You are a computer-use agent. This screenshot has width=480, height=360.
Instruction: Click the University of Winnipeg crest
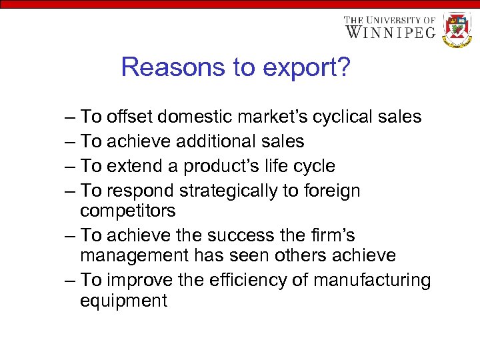click(457, 29)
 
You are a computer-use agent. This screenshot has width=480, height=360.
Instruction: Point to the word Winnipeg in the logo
click(390, 31)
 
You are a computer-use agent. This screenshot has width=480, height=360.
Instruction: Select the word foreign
click(331, 191)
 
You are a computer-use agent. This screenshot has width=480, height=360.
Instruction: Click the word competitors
click(128, 211)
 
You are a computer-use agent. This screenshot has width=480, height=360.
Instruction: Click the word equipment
click(123, 301)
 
